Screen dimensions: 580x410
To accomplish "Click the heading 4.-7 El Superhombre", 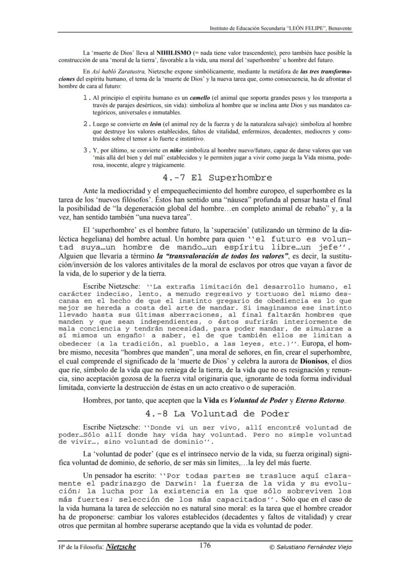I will [x=217, y=177].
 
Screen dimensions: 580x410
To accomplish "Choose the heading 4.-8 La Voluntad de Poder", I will [x=217, y=413].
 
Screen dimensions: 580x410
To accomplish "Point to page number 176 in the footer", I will [x=205, y=546].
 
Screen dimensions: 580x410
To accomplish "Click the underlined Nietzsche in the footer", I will [x=121, y=547].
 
